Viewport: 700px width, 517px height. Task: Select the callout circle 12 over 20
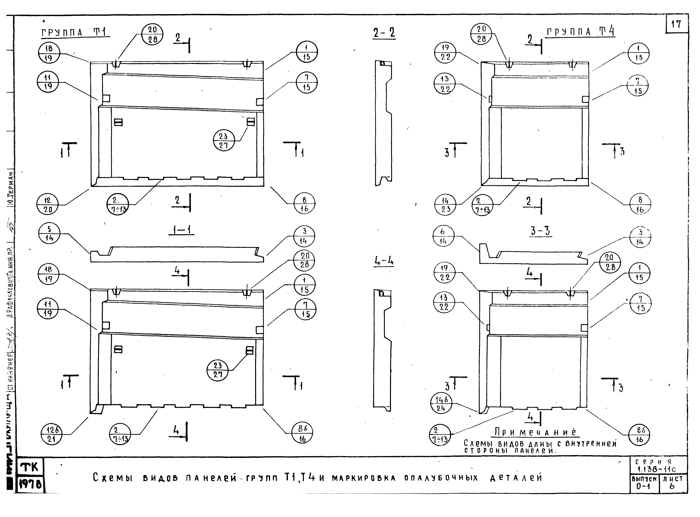click(47, 205)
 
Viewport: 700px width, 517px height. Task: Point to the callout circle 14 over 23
click(445, 205)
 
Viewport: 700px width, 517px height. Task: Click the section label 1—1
click(182, 230)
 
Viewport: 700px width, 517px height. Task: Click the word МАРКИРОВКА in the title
click(364, 478)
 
